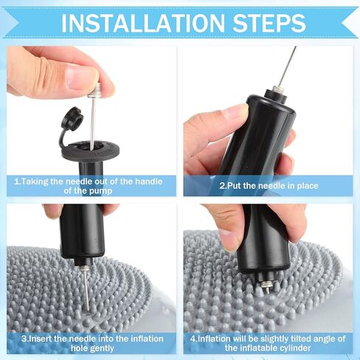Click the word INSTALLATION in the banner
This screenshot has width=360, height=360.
pyautogui.click(x=143, y=23)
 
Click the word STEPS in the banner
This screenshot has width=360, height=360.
pyautogui.click(x=269, y=23)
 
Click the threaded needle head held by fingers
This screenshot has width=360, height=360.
pyautogui.click(x=95, y=90)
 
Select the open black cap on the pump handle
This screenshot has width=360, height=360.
pyautogui.click(x=72, y=117)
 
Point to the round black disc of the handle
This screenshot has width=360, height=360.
pyautogui.click(x=90, y=150)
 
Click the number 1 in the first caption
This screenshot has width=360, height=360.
pyautogui.click(x=16, y=181)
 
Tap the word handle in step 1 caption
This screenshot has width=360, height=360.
pyautogui.click(x=149, y=181)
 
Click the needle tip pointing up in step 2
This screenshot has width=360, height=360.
pyautogui.click(x=295, y=47)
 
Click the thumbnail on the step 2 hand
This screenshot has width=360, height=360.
pyautogui.click(x=235, y=111)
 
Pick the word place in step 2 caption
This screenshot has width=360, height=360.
pyautogui.click(x=308, y=186)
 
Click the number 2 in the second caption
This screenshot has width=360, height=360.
pyautogui.click(x=222, y=186)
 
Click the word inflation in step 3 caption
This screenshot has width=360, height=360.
pyautogui.click(x=148, y=339)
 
